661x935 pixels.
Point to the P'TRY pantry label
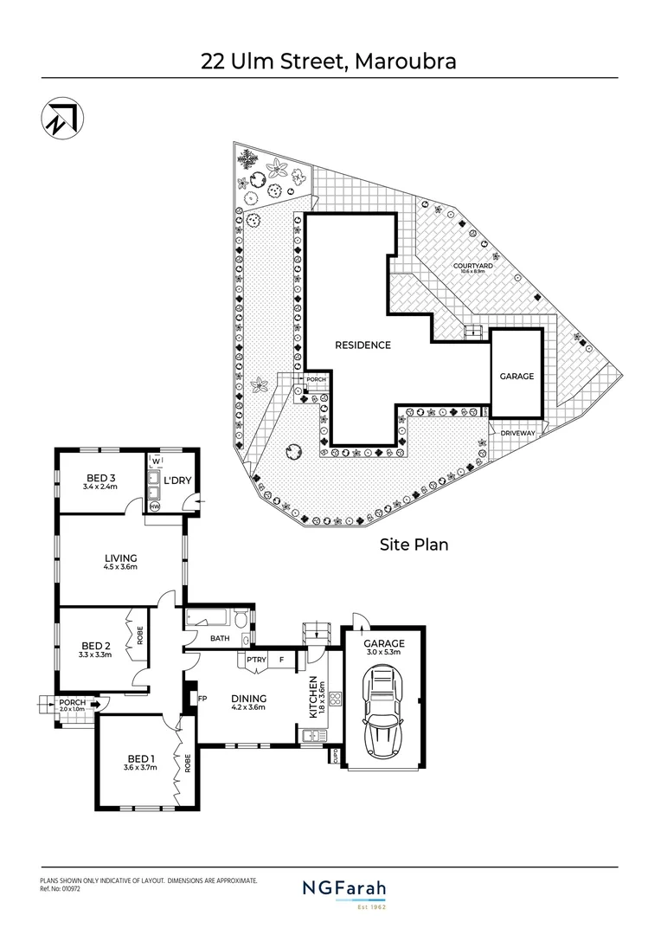coord(255,661)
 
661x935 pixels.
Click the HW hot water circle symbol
coord(155,506)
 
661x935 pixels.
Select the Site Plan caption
coord(414,545)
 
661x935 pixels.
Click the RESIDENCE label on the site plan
coord(363,345)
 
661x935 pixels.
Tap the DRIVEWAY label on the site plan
coord(518,430)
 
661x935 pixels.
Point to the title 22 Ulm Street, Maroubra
coord(329,61)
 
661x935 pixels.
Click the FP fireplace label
coord(202,697)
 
